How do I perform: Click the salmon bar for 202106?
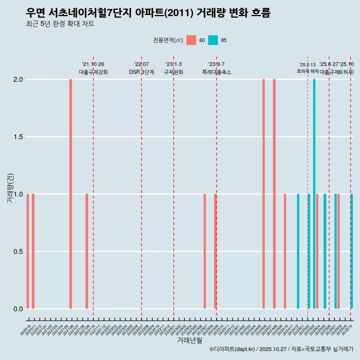tap(70, 194)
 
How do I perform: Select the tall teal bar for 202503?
tap(314, 194)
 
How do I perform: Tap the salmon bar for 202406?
tap(264, 194)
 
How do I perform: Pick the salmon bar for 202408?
tap(274, 194)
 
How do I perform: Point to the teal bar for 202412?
tap(298, 251)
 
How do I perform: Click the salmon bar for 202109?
tap(87, 251)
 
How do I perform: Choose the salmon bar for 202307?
tap(205, 251)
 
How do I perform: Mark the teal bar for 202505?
tap(325, 251)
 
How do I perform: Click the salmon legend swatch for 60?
tap(191, 40)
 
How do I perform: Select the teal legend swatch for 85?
tap(213, 40)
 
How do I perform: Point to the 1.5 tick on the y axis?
tap(18, 137)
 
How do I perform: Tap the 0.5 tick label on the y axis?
tap(18, 251)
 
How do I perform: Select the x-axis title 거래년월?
tap(189, 340)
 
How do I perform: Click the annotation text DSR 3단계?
tap(141, 72)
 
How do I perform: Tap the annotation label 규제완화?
tap(174, 72)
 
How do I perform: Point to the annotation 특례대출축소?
tap(216, 72)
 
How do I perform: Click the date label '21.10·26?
tap(93, 64)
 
